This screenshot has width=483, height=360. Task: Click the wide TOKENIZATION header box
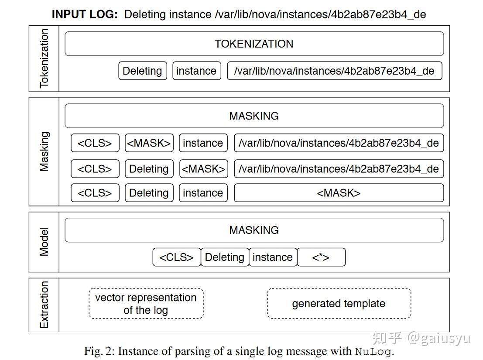click(254, 44)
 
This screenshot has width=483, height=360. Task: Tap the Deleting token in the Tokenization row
click(142, 71)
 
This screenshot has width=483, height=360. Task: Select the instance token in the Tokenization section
click(196, 71)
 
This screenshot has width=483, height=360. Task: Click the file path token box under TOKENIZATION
click(334, 71)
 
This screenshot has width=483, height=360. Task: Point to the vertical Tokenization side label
click(44, 58)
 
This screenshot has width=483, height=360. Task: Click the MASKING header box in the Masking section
click(254, 116)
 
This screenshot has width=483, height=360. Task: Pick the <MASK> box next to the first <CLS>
click(149, 143)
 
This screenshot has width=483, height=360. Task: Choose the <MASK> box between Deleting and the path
click(203, 169)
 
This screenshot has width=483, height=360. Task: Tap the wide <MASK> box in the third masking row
click(339, 193)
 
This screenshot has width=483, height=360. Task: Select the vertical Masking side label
click(44, 151)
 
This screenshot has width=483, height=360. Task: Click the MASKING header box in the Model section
click(254, 230)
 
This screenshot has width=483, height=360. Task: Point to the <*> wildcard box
click(321, 257)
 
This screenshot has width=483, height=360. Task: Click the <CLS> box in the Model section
click(177, 257)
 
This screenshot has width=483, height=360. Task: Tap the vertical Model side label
click(44, 242)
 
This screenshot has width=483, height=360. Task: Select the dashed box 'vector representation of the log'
click(146, 304)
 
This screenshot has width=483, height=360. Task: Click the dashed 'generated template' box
click(339, 304)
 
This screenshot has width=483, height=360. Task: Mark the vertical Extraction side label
click(44, 305)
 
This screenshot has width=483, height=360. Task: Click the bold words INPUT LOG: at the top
click(85, 14)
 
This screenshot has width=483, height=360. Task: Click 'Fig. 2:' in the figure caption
click(99, 351)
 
